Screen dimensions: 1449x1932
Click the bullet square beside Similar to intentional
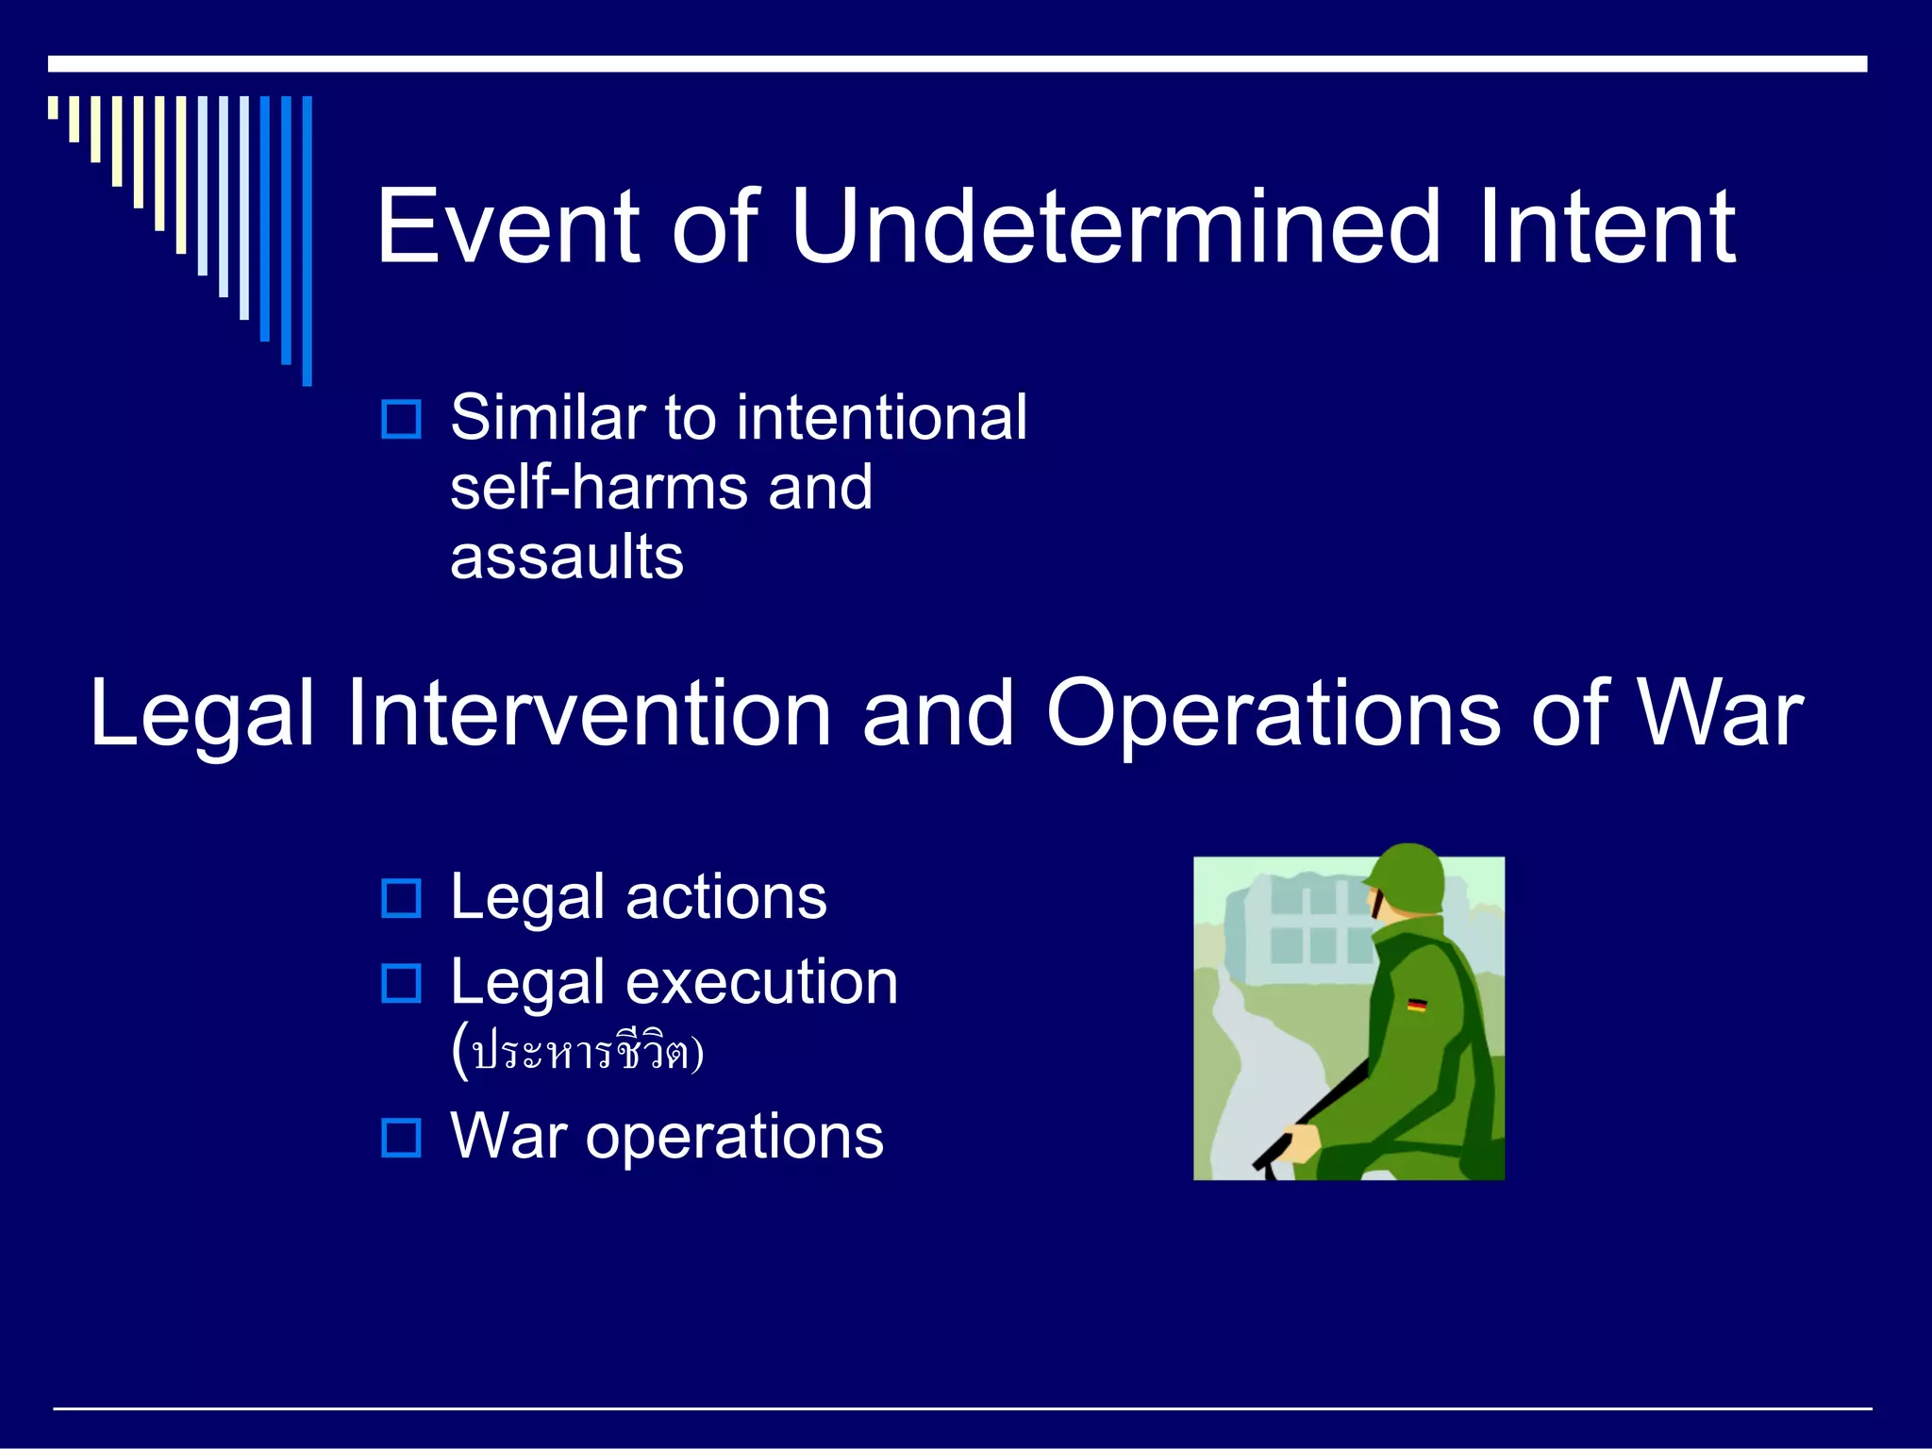click(401, 419)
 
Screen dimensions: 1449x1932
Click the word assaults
click(566, 558)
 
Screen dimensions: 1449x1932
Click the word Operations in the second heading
click(1273, 715)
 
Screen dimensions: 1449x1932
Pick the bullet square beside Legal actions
click(401, 898)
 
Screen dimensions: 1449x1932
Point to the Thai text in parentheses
click(577, 1052)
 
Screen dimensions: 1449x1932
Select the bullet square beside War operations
click(401, 1138)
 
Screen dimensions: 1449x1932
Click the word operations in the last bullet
click(734, 1138)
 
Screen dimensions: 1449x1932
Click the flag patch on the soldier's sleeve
click(1416, 1006)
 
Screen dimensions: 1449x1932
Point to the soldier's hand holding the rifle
click(1303, 1142)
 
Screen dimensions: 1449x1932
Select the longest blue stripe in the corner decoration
click(307, 241)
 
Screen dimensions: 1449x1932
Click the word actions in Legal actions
click(725, 897)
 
